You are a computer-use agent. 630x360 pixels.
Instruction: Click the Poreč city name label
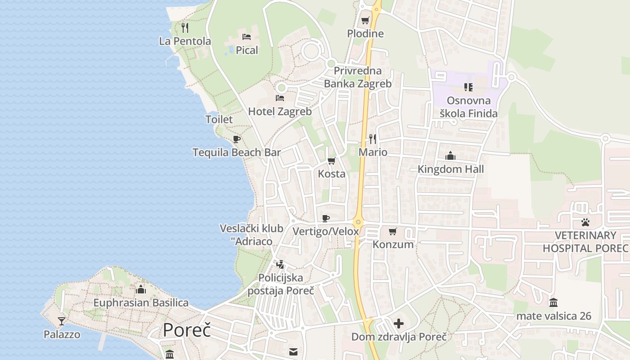(x=187, y=330)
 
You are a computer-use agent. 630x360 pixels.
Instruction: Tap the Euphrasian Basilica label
(x=141, y=302)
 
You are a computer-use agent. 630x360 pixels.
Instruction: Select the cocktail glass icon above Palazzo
(x=62, y=321)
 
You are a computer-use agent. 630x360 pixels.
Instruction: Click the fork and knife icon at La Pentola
(x=185, y=27)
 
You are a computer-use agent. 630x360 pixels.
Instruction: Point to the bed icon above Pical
(x=247, y=36)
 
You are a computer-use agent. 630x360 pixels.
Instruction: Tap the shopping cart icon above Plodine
(x=365, y=20)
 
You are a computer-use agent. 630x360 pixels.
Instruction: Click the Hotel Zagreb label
(x=280, y=111)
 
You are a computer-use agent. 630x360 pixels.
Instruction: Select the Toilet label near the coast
(x=219, y=119)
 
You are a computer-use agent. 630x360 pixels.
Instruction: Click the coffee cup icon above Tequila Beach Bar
(x=237, y=139)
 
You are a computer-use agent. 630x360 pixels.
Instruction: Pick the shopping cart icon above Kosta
(x=332, y=161)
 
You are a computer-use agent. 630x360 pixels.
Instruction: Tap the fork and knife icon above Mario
(x=373, y=139)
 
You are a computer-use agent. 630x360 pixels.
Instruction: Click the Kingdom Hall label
(x=450, y=169)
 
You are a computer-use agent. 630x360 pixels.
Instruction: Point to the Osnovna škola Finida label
(x=468, y=107)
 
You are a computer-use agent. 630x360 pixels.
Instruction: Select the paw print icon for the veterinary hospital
(x=585, y=222)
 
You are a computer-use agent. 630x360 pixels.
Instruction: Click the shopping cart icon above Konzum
(x=393, y=231)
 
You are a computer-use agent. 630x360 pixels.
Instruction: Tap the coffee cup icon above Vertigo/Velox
(x=326, y=219)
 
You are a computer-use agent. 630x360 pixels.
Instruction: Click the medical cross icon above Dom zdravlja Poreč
(x=399, y=323)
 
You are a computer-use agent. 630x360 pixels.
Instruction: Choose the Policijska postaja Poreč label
(x=281, y=284)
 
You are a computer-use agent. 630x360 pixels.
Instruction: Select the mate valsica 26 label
(x=553, y=316)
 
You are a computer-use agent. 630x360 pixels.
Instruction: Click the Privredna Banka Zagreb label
(x=358, y=77)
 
